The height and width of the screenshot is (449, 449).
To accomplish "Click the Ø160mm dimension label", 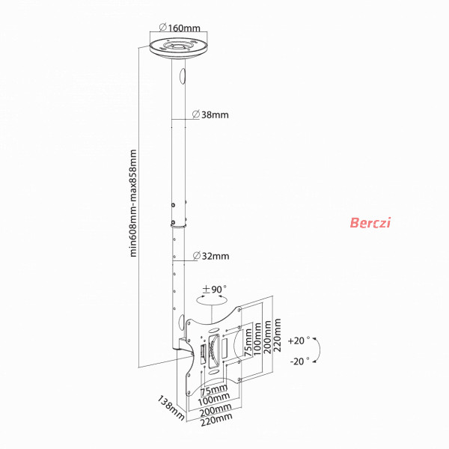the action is pos(180,28).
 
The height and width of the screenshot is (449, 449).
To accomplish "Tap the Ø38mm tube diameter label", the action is pos(210,114).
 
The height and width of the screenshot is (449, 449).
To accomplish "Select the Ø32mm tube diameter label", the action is pos(211,256).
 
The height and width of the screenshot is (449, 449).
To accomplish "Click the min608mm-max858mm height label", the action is pos(133,204).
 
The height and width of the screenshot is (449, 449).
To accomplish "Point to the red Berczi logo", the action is pos(370,222).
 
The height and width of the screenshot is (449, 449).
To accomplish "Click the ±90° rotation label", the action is pos(214,289).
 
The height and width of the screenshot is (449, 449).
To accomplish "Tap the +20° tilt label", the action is pos(299,340).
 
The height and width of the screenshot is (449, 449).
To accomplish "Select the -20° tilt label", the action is pos(300,361).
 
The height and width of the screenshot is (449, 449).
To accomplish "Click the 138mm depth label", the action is pos(171,408).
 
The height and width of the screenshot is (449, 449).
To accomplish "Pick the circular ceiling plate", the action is pos(179,49).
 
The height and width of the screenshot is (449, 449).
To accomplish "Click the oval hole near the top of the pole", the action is pos(183,76).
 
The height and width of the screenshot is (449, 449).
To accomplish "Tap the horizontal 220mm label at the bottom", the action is pos(216,420).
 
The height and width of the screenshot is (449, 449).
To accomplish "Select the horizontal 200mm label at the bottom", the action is pos(216,410).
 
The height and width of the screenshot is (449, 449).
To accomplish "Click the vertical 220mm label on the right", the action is pos(277,335).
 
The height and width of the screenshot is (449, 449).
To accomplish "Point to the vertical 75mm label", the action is pos(248,343).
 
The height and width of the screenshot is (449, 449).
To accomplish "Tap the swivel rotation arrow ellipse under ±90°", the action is pos(212,300).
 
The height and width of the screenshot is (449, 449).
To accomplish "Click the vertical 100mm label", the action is pos(257,339).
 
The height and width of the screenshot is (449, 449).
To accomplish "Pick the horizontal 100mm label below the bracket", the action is pos(214,399).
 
